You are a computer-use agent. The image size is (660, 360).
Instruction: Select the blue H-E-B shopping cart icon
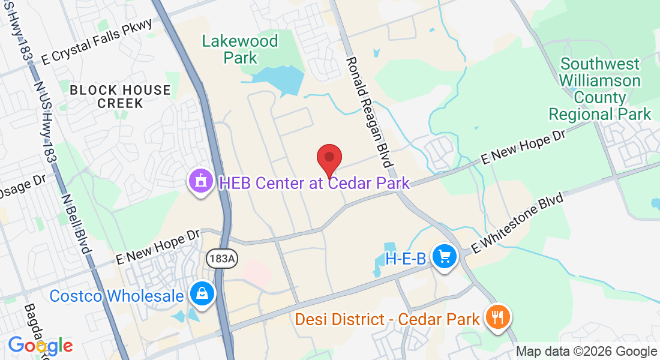click(x=445, y=257)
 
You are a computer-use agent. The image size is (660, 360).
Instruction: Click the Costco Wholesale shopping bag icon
click(x=202, y=295)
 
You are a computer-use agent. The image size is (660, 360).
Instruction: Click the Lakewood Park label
click(x=240, y=49)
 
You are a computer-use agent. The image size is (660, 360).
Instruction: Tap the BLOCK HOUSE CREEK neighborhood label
click(x=120, y=97)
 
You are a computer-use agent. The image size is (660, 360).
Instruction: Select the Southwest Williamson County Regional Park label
click(x=600, y=89)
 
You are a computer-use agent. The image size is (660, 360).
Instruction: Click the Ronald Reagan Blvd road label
click(x=369, y=112)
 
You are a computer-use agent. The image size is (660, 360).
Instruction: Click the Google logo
click(x=40, y=346)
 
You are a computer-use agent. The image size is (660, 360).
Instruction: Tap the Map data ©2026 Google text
click(x=586, y=352)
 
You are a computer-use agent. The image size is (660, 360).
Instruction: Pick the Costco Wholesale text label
click(x=116, y=296)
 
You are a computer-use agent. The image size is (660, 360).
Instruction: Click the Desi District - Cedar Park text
click(x=388, y=318)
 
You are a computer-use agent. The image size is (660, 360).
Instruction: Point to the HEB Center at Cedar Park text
click(x=314, y=183)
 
